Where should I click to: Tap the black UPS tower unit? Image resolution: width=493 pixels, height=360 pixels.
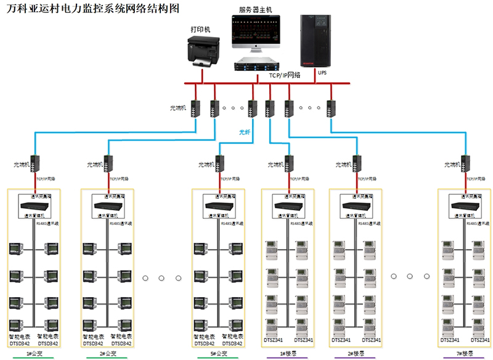click(x=318, y=40)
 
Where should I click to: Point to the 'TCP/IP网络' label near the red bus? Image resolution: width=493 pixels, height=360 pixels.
click(x=284, y=75)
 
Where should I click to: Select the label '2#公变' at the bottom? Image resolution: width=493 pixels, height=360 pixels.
click(x=107, y=354)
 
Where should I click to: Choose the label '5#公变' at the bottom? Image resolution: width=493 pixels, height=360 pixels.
click(x=218, y=354)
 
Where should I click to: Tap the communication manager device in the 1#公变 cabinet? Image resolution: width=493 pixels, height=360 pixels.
click(x=34, y=205)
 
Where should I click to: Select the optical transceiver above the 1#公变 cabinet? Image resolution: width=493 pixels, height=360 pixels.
click(x=36, y=164)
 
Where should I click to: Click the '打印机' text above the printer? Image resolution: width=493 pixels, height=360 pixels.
click(x=200, y=29)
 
